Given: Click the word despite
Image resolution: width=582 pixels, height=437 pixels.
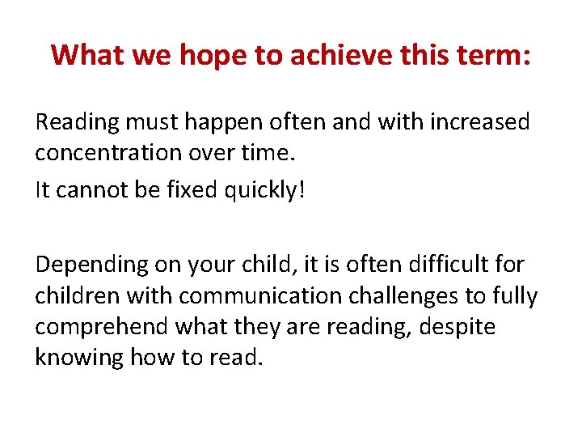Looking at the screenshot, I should (x=458, y=327).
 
